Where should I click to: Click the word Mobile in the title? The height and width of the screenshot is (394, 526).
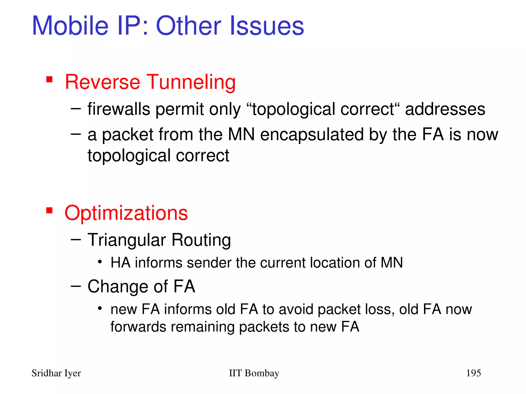tap(70, 26)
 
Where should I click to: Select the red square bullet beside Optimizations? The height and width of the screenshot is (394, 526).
tap(49, 211)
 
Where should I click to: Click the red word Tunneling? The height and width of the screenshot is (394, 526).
tap(191, 82)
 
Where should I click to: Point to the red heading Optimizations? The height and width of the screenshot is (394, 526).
tap(126, 213)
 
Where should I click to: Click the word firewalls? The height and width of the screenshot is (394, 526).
tap(119, 109)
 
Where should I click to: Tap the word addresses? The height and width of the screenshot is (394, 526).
tap(445, 109)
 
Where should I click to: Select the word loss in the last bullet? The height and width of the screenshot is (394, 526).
tap(381, 309)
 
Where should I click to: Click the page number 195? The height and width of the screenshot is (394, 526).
tap(473, 373)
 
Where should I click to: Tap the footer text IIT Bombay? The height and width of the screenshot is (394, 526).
tap(254, 373)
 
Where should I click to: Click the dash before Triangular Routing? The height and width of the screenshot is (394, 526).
tap(76, 240)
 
